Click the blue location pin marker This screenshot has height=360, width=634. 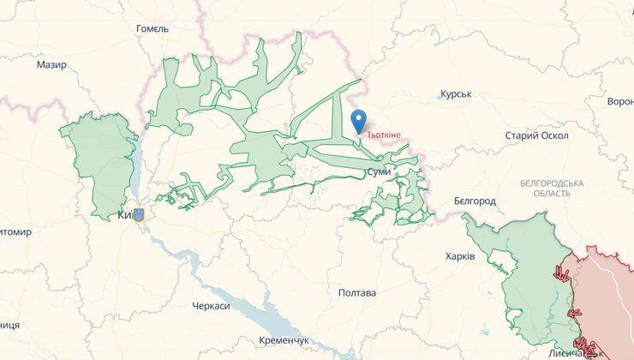pyautogui.click(x=357, y=121)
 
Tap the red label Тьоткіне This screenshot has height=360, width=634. pyautogui.click(x=383, y=135)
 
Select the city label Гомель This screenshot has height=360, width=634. pyautogui.click(x=153, y=28)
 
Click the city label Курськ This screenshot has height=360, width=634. pyautogui.click(x=456, y=93)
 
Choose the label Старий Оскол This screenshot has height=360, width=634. pyautogui.click(x=536, y=135)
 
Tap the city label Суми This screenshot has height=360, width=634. pyautogui.click(x=378, y=172)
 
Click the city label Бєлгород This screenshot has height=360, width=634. pyautogui.click(x=475, y=201)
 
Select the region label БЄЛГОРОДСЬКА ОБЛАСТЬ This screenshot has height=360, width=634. pyautogui.click(x=552, y=189)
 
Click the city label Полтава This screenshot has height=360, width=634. pyautogui.click(x=357, y=293)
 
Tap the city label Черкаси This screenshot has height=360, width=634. pyautogui.click(x=212, y=306)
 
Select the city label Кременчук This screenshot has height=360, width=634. pyautogui.click(x=284, y=341)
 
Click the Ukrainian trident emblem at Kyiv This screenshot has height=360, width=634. pyautogui.click(x=139, y=215)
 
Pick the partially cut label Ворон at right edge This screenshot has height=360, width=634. pyautogui.click(x=619, y=101)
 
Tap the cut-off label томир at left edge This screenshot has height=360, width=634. pyautogui.click(x=15, y=231)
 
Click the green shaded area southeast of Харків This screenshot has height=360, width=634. pyautogui.click(x=523, y=274)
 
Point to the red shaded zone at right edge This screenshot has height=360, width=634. pyautogui.click(x=610, y=291)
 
